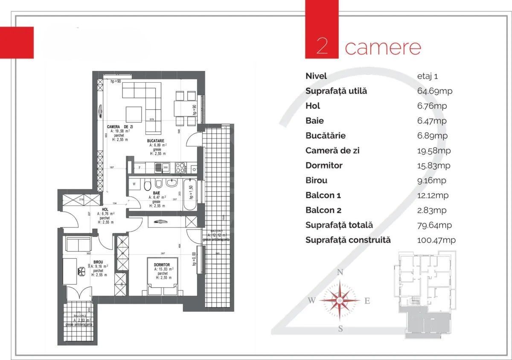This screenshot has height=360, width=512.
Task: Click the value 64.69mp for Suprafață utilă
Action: click(434, 91)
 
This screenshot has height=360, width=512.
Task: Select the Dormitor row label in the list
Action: click(324, 165)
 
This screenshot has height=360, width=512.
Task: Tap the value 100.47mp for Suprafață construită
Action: click(436, 240)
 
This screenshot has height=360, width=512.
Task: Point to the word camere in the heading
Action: click(383, 47)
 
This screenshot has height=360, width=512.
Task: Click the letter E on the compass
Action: click(367, 301)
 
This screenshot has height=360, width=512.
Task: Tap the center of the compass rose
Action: click(340, 301)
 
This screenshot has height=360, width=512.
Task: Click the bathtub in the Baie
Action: click(189, 195)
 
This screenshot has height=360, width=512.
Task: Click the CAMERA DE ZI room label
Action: click(119, 127)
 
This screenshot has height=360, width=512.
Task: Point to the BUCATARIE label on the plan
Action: click(156, 141)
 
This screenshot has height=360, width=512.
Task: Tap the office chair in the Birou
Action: click(80, 270)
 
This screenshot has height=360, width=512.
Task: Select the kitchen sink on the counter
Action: click(160, 168)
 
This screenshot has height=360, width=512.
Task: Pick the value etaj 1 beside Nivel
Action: click(427, 76)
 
